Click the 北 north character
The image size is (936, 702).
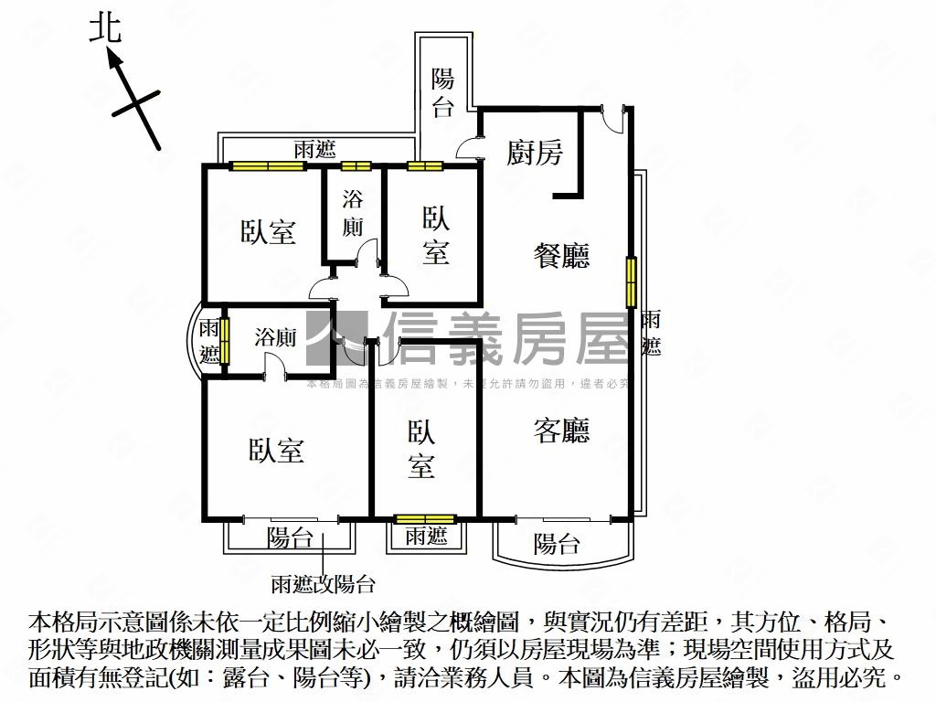[105, 28]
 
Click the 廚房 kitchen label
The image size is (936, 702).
[535, 153]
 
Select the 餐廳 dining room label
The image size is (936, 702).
[561, 256]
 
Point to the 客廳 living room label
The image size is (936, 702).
[561, 431]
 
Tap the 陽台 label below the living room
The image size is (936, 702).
[557, 545]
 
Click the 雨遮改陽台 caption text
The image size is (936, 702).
[323, 584]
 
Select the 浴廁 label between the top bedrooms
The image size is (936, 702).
[354, 213]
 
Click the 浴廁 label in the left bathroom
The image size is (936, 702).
[275, 336]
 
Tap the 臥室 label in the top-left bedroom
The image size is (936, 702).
[269, 232]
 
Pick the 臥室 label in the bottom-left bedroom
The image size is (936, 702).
[276, 451]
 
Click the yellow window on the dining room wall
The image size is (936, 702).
[631, 282]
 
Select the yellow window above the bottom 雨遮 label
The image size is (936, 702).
[425, 519]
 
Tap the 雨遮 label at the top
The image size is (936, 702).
[314, 150]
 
